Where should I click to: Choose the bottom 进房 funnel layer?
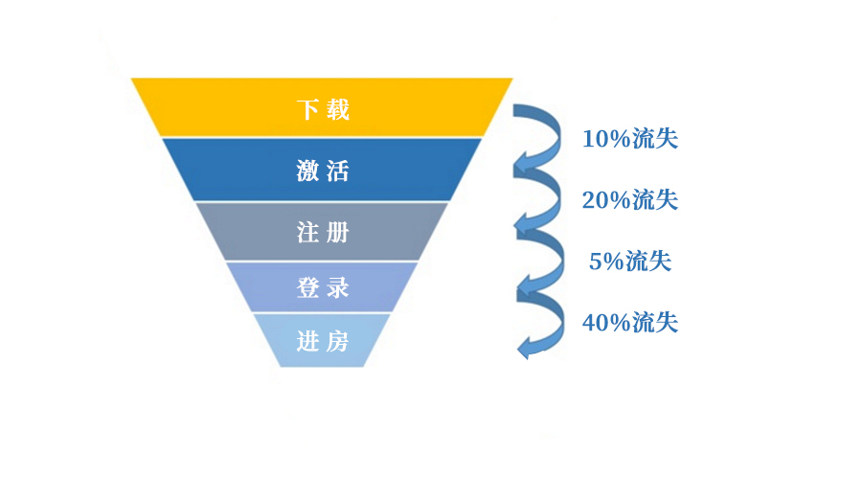coord(287,340)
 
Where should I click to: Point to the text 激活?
coord(323,171)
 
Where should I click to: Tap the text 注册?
coord(323,232)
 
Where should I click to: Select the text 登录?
coord(323,286)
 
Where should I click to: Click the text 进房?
coord(323,340)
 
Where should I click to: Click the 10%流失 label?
coord(629,139)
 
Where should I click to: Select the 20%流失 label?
coord(629,200)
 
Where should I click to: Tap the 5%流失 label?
coord(629,261)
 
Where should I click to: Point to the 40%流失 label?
coord(629,323)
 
